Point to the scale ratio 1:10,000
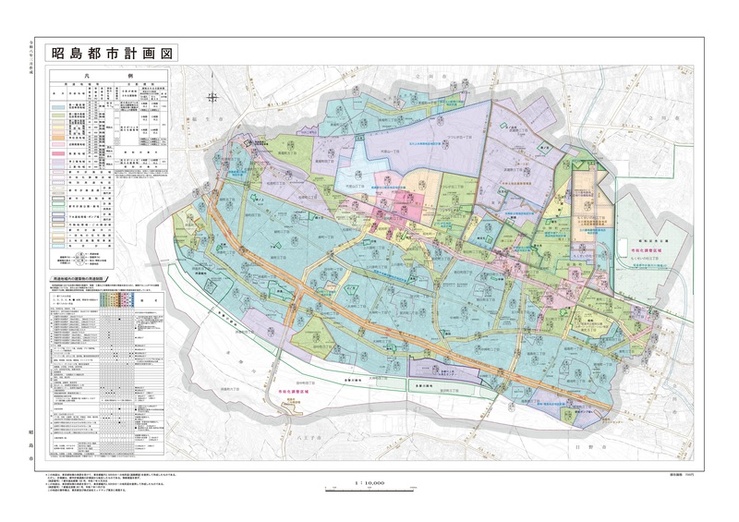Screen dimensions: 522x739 coord(369,482)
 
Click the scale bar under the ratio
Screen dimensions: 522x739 coord(369,489)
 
